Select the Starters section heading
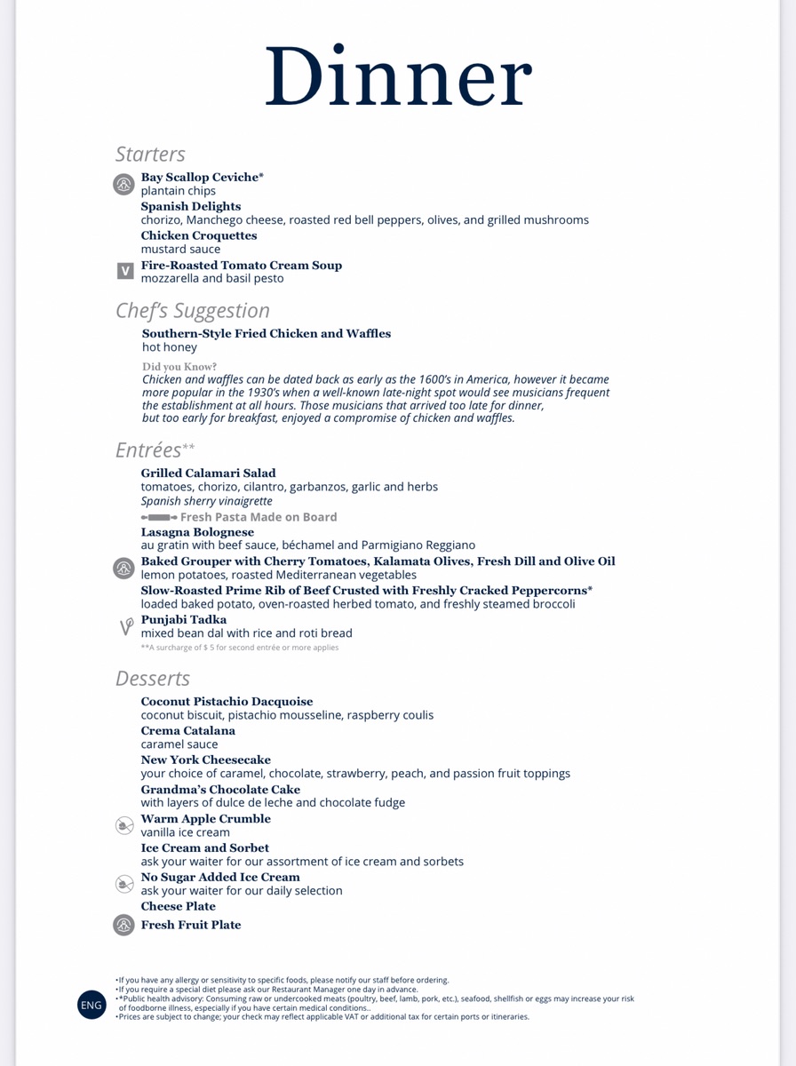[x=150, y=155]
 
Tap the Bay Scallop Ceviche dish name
[x=202, y=178]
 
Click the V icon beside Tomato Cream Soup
[x=125, y=271]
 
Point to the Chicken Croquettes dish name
[x=198, y=235]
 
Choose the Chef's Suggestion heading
[x=192, y=311]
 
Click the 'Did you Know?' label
[x=179, y=366]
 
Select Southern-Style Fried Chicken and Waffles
[x=266, y=334]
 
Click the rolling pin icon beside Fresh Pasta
[x=159, y=517]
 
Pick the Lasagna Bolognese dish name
[x=197, y=532]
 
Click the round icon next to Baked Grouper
[x=123, y=568]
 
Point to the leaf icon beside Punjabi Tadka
[x=126, y=626]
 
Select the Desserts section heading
[x=152, y=679]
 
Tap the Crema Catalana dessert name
[x=187, y=731]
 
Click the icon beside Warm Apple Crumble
[x=124, y=825]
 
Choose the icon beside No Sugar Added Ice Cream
[x=124, y=883]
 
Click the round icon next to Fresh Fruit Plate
[x=123, y=925]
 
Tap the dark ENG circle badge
[x=92, y=1005]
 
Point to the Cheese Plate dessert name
[x=178, y=906]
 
